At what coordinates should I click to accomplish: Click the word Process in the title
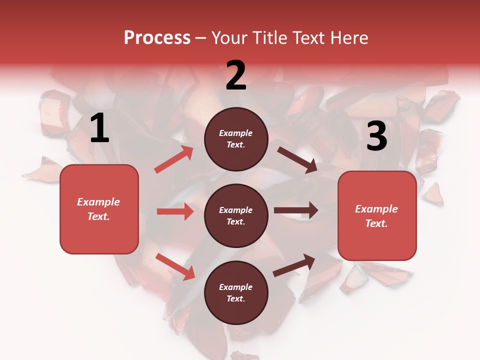pos(157,38)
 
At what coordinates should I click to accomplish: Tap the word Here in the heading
pos(345,38)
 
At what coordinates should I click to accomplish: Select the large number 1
pos(99,128)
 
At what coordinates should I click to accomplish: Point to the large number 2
pos(236,75)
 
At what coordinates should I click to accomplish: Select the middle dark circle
pos(236,215)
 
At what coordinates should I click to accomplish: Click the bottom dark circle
pos(236,292)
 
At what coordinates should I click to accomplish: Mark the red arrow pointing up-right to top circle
pos(174,159)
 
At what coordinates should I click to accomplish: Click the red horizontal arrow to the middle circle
pos(175,211)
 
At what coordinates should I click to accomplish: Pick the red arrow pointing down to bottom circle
pos(175,266)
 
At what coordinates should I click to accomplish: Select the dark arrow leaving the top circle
pos(297,159)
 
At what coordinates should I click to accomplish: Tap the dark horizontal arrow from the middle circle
pos(296,210)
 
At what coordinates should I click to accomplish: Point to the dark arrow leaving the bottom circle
pos(294,265)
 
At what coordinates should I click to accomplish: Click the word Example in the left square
pos(98,202)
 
